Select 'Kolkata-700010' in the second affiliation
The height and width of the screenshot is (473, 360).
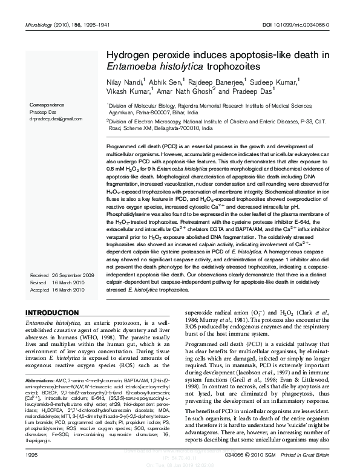point(182,129)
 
